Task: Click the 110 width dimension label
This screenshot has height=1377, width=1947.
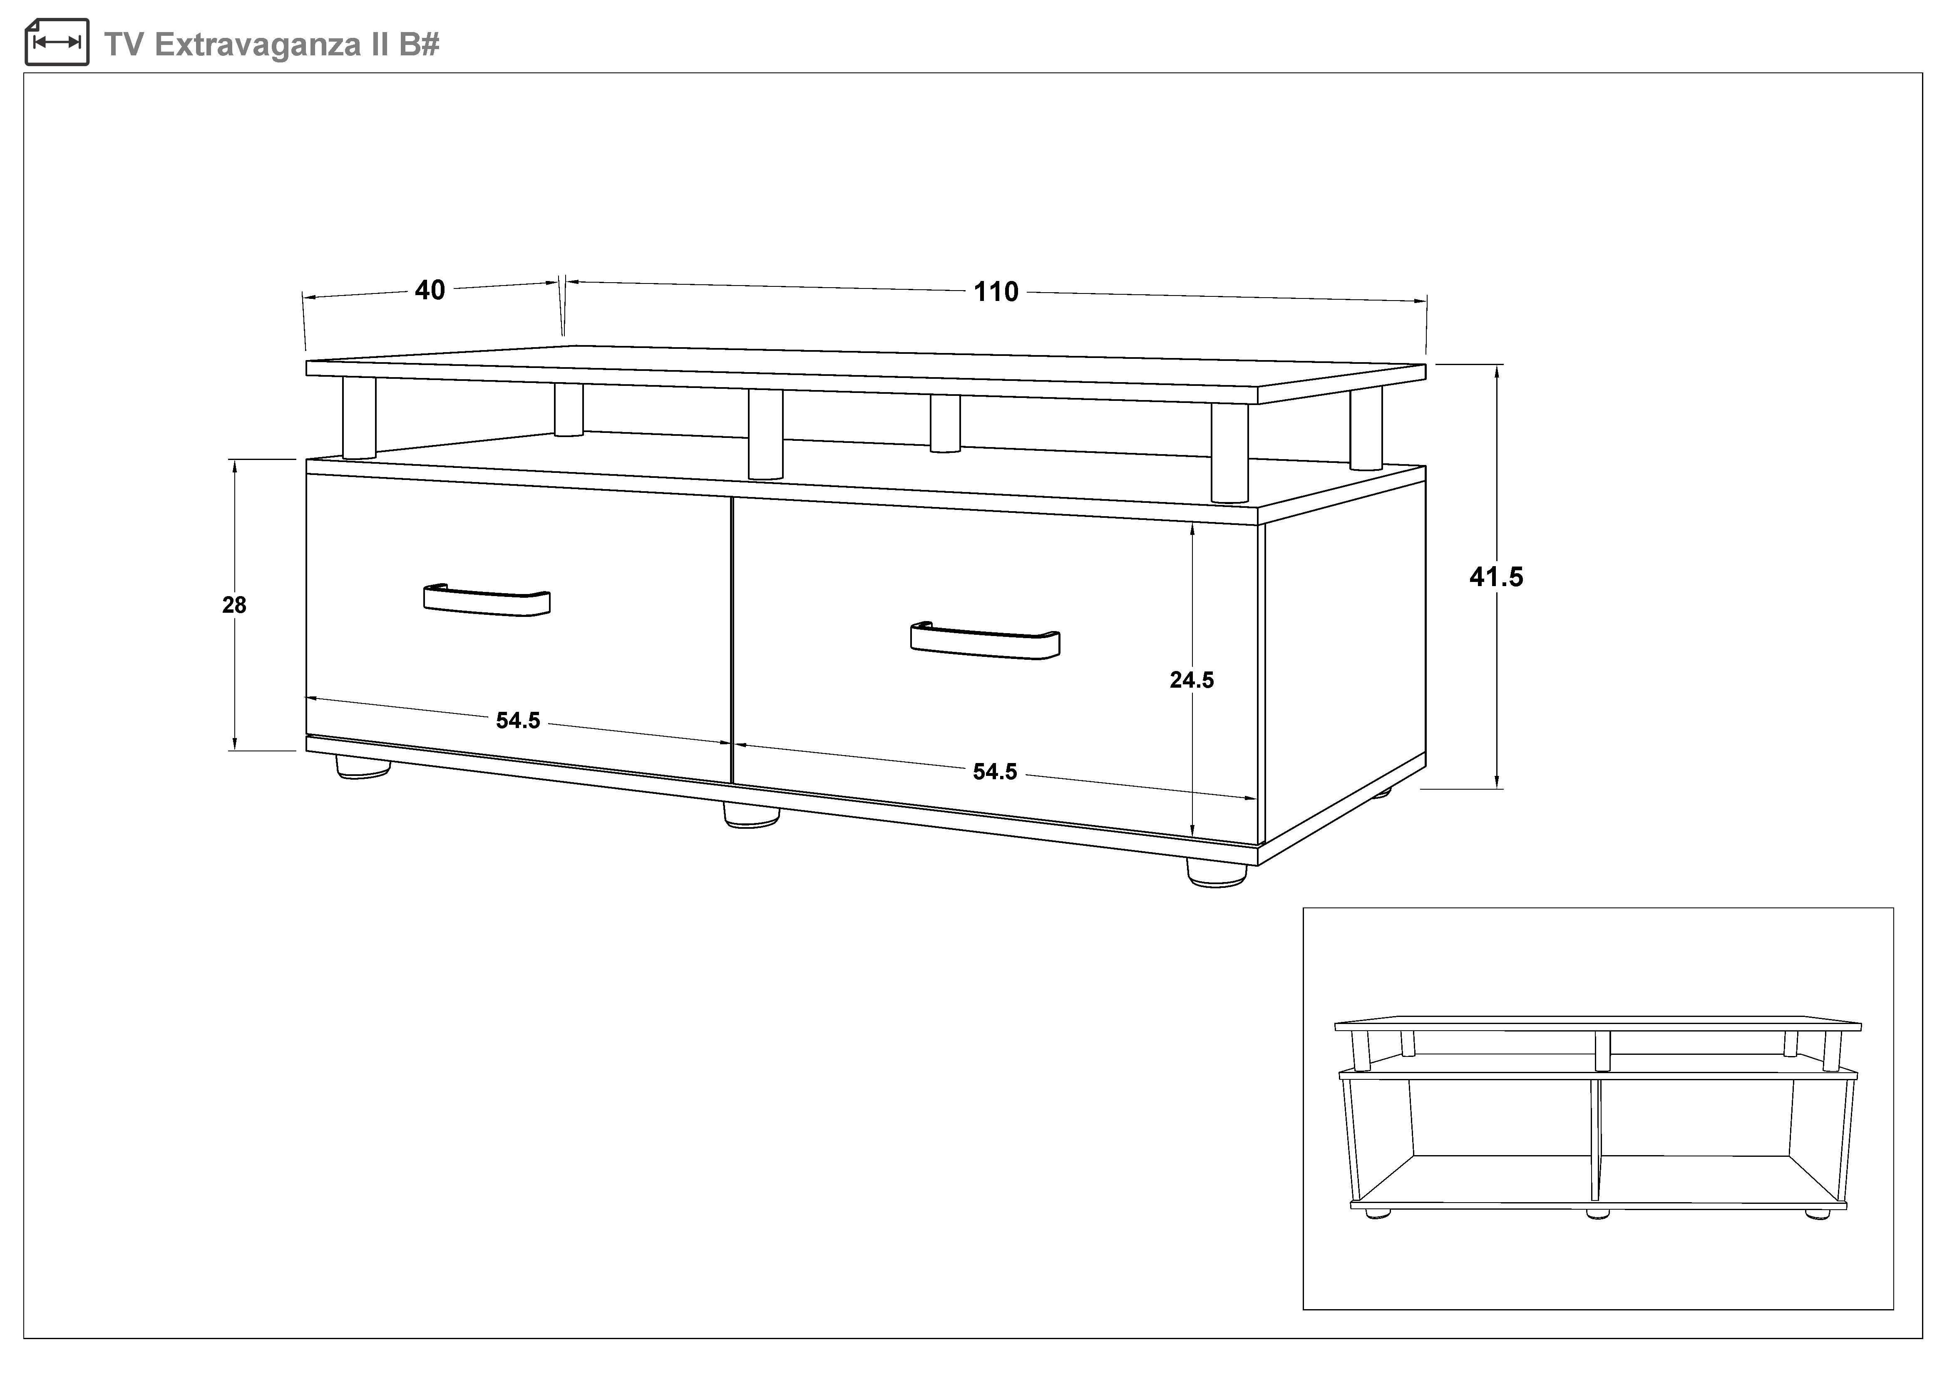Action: coord(996,292)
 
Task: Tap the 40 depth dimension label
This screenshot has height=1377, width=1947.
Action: coord(430,290)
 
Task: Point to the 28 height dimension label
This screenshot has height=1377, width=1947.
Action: coord(234,604)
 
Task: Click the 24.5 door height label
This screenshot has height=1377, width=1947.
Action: coord(1192,680)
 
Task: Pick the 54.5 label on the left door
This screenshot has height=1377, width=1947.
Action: coord(518,720)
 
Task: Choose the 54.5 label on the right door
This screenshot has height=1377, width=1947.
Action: coord(995,772)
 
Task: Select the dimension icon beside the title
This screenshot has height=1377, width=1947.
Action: coord(57,42)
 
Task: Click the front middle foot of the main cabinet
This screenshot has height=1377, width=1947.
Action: coord(751,816)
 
